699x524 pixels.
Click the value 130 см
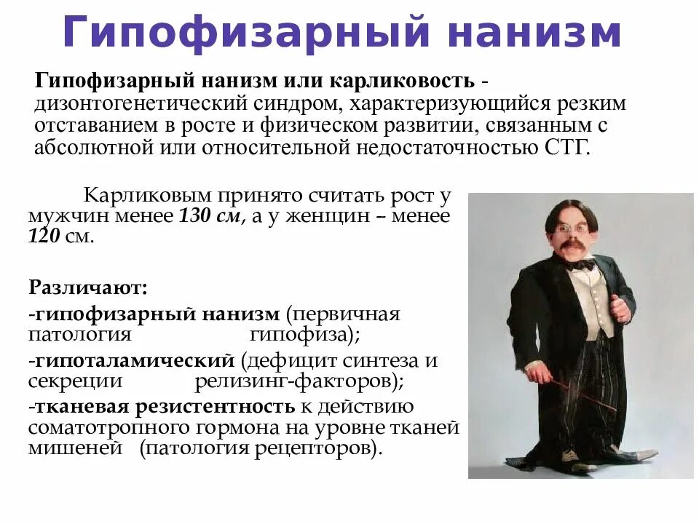pyautogui.click(x=210, y=217)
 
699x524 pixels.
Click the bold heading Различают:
pyautogui.click(x=88, y=286)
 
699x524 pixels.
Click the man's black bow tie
pyautogui.click(x=580, y=265)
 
